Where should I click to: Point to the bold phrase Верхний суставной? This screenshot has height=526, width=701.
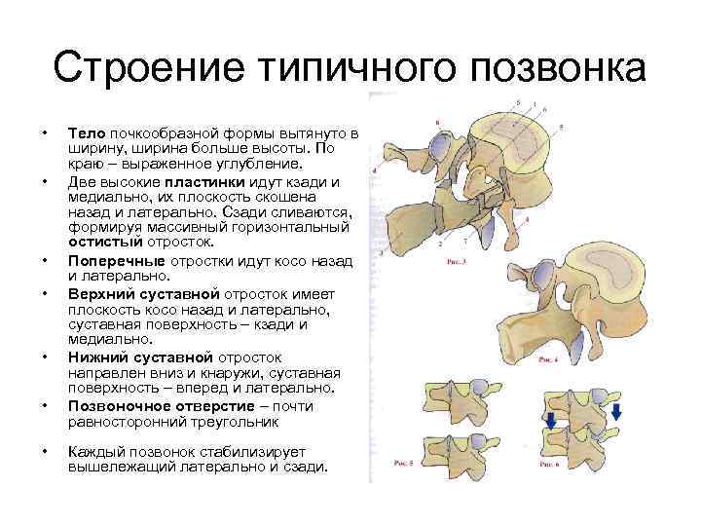tap(144, 293)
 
